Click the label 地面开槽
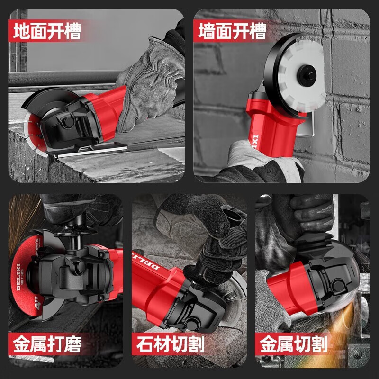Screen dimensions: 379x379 (x=47, y=32)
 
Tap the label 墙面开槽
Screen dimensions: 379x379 (x=232, y=32)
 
